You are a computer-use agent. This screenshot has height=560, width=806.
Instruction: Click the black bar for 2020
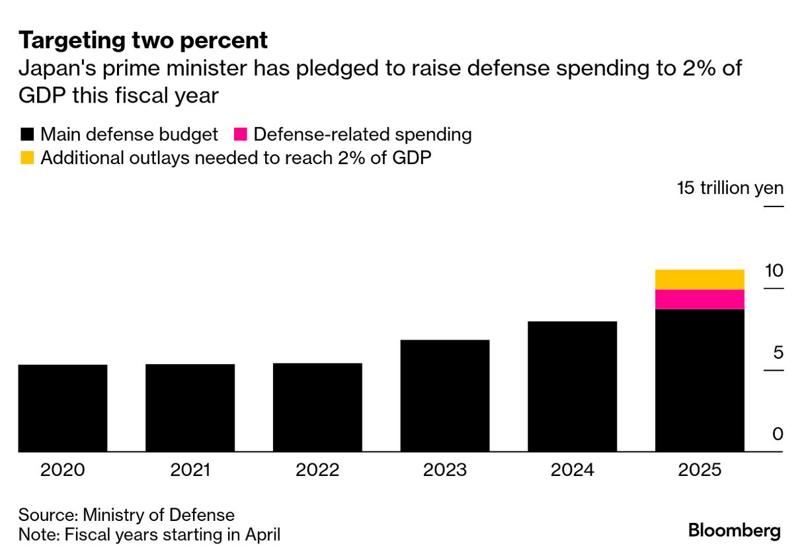(x=63, y=408)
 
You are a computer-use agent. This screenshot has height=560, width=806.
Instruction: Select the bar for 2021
(x=190, y=408)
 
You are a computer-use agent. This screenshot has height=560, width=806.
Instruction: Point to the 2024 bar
(x=573, y=387)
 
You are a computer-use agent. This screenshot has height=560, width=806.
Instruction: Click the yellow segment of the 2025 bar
(x=700, y=279)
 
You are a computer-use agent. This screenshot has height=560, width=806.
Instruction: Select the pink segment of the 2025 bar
(x=700, y=299)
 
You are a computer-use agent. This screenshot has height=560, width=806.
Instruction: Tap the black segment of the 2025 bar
(x=700, y=380)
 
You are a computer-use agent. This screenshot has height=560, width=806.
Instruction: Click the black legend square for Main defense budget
(x=27, y=135)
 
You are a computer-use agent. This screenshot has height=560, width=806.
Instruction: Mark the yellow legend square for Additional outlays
(x=27, y=158)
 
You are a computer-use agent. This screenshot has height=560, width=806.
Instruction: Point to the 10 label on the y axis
(x=774, y=271)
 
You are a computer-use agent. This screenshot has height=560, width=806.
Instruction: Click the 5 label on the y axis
(x=778, y=352)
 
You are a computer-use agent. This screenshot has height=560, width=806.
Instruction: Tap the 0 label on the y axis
(x=778, y=434)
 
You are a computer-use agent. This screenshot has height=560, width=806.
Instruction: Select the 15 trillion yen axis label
(x=730, y=188)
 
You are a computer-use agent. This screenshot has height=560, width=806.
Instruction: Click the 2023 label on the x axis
(x=445, y=470)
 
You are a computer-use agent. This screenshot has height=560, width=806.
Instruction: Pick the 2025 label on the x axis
(x=700, y=470)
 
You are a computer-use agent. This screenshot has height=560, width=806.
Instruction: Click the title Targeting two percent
(x=143, y=41)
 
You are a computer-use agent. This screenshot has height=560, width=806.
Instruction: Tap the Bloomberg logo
(x=734, y=530)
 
